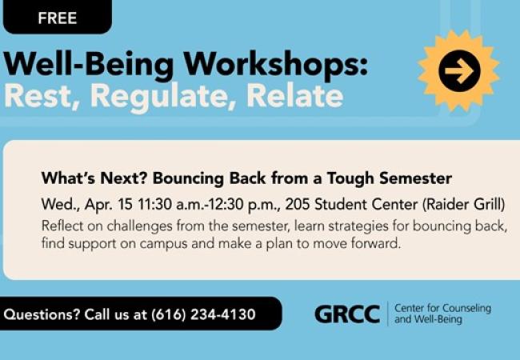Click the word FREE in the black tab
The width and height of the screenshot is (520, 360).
pyautogui.click(x=57, y=18)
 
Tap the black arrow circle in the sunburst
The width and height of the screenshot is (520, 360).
pyautogui.click(x=459, y=71)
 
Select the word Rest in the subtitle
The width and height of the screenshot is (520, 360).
pyautogui.click(x=40, y=96)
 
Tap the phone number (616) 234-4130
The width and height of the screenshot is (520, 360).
pyautogui.click(x=203, y=314)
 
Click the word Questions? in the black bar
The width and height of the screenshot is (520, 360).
pyautogui.click(x=40, y=314)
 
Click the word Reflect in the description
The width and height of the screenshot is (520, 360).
pyautogui.click(x=62, y=226)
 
